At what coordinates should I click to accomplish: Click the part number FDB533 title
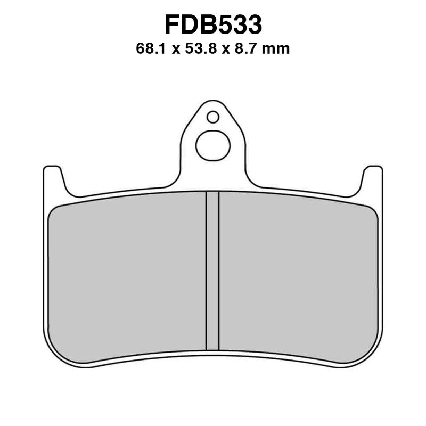pos(213,25)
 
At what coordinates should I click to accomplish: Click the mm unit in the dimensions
pos(277,50)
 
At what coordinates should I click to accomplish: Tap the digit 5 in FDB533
pos(224,25)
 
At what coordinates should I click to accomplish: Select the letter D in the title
pos(190,25)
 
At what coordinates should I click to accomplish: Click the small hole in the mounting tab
pos(213,117)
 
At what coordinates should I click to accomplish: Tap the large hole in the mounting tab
pos(213,146)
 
